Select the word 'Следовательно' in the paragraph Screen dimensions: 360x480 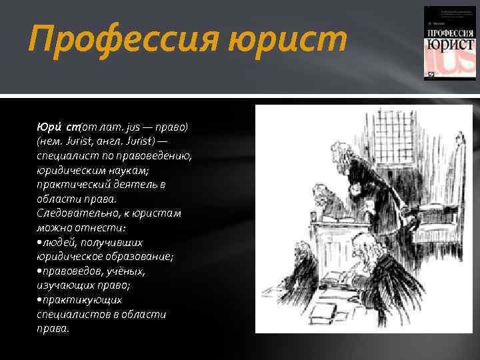[75, 213]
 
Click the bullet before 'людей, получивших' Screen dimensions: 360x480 [40, 243]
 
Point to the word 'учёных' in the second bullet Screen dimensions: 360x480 [127, 271]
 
